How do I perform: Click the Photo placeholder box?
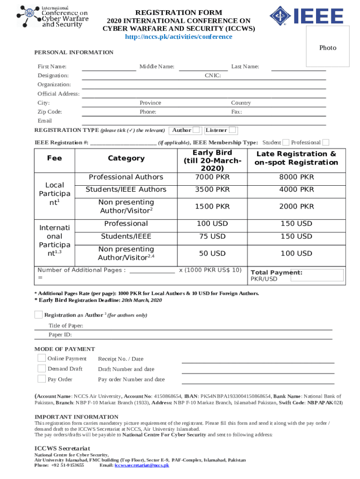(x=328, y=47)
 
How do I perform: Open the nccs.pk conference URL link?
(x=179, y=37)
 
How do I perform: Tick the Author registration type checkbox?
(x=197, y=130)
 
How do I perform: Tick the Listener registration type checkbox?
(x=232, y=130)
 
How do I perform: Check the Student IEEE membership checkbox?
(x=286, y=142)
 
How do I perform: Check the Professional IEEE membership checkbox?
(x=326, y=142)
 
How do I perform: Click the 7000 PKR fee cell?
(x=212, y=177)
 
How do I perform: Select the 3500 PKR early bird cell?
(x=212, y=189)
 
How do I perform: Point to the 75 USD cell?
(x=212, y=236)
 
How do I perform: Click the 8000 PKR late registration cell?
(x=296, y=177)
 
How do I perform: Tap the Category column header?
(x=126, y=158)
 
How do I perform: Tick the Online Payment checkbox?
(x=42, y=358)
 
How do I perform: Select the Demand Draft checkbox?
(x=42, y=369)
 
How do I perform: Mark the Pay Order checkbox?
(x=42, y=379)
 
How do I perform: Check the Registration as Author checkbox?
(x=38, y=314)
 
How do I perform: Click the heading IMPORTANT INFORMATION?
(x=77, y=417)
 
